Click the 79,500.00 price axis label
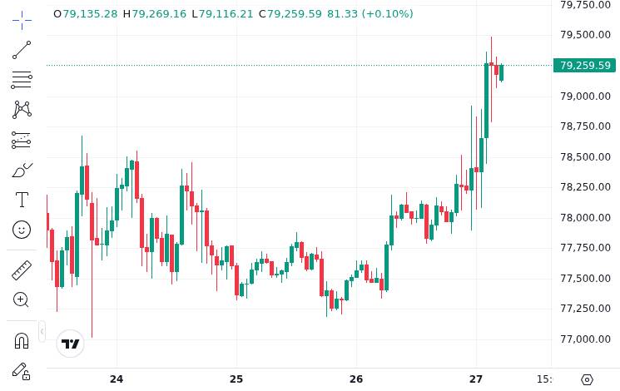point(585,35)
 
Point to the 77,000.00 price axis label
point(585,339)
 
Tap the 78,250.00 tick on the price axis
point(585,187)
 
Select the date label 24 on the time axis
point(117,379)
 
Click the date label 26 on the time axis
point(356,379)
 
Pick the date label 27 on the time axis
point(476,379)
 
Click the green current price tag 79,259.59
point(584,65)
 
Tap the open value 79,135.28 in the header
point(90,14)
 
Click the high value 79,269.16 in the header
point(159,14)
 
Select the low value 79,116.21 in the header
point(226,14)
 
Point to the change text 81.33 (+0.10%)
point(370,14)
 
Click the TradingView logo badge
point(71,344)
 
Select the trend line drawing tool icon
point(22,50)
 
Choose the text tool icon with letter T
point(22,200)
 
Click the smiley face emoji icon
point(22,229)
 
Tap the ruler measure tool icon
point(22,270)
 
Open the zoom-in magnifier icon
point(22,299)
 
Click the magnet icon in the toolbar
point(22,340)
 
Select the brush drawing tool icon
point(22,170)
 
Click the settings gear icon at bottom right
point(587,379)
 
